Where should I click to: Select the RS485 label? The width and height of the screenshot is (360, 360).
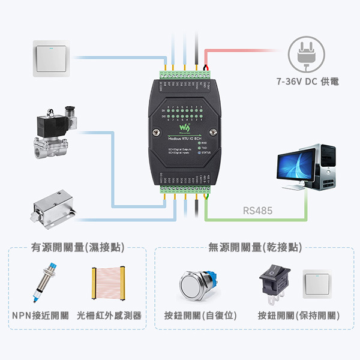pos(258,211)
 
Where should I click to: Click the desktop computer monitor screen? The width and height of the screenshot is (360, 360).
pos(295,164)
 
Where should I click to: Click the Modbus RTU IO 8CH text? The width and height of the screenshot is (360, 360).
pos(184,138)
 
